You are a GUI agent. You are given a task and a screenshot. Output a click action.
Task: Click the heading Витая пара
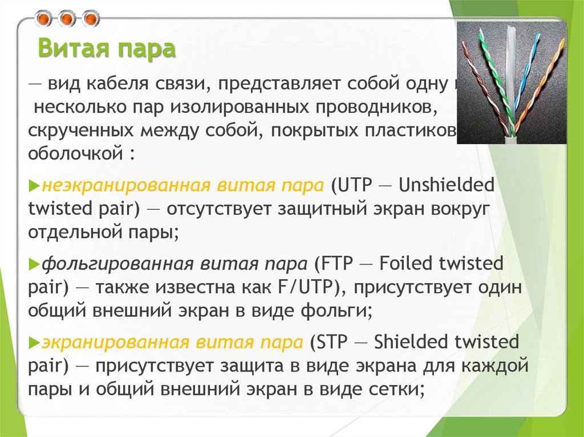[106, 49]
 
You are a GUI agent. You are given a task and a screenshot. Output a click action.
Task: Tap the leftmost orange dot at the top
[43, 19]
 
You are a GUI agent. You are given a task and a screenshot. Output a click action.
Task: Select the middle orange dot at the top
[67, 19]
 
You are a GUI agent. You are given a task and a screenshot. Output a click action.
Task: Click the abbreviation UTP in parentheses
[355, 186]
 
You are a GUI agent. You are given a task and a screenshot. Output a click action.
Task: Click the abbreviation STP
[333, 343]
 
